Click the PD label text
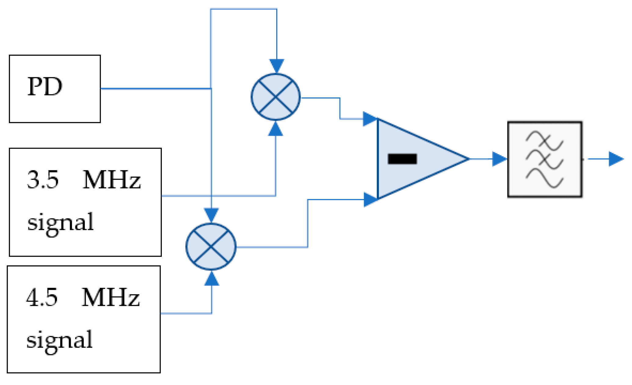click(x=45, y=87)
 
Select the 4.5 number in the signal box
click(x=42, y=297)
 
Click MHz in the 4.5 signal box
click(x=111, y=297)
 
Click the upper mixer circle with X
click(x=275, y=97)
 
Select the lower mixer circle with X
click(x=211, y=246)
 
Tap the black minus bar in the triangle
click(x=402, y=159)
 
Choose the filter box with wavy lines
click(x=545, y=159)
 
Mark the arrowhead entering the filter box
click(x=499, y=159)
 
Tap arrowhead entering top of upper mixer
click(x=277, y=66)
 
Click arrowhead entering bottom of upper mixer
click(x=275, y=129)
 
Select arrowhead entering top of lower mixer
click(x=211, y=215)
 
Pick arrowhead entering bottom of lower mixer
click(x=212, y=278)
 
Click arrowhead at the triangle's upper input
click(x=369, y=119)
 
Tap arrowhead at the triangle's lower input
click(x=370, y=199)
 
